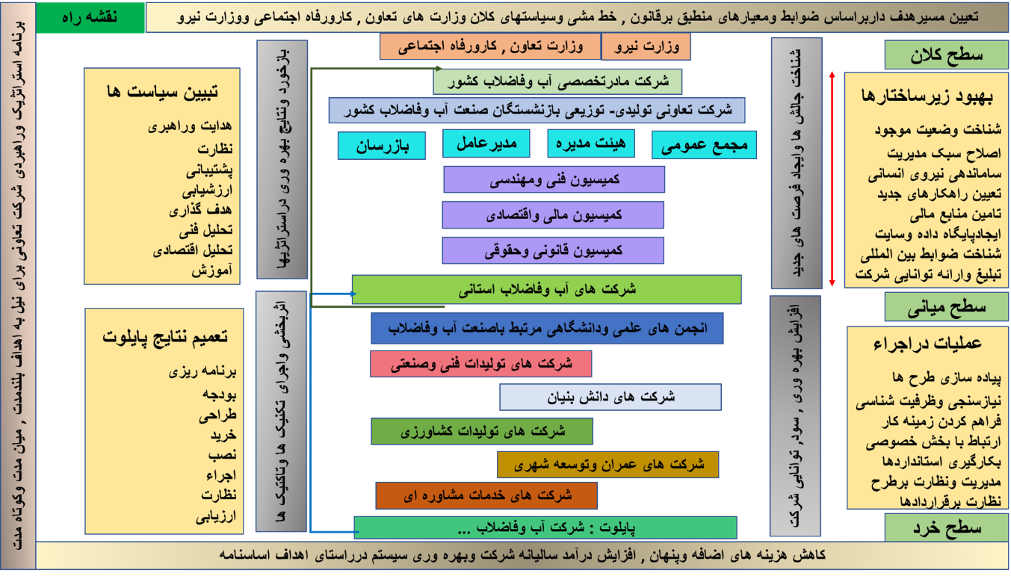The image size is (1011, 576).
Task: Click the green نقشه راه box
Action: click(x=90, y=18)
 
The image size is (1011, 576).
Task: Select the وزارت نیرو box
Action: click(x=646, y=46)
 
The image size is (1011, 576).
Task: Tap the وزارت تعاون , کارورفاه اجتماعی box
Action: click(x=490, y=46)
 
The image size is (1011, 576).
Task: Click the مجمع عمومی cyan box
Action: click(x=704, y=145)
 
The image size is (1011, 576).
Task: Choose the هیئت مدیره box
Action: click(x=591, y=143)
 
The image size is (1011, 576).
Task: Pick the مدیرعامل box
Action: click(x=486, y=143)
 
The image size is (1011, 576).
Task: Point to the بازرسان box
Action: click(x=382, y=146)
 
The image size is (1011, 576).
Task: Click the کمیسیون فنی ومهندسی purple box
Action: click(x=554, y=179)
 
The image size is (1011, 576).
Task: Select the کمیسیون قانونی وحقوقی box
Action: click(x=553, y=250)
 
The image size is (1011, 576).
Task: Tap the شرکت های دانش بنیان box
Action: click(x=610, y=397)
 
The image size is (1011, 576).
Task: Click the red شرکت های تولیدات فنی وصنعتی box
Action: click(x=481, y=364)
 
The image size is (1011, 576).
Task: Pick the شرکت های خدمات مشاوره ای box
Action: click(x=486, y=495)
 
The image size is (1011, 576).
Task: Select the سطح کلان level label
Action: click(x=947, y=55)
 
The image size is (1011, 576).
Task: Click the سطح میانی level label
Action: click(x=947, y=307)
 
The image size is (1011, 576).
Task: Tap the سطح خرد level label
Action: click(x=947, y=527)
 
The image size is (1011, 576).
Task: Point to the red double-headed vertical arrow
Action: click(x=832, y=179)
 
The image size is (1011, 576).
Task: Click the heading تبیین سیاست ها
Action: click(x=162, y=92)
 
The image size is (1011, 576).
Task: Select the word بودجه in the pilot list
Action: click(x=220, y=395)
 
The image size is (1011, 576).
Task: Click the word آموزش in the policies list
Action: click(x=212, y=270)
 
